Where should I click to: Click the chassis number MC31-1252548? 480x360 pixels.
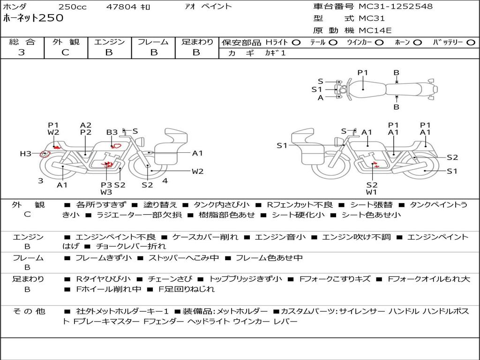click(x=396, y=7)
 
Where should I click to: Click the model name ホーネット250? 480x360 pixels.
click(x=33, y=18)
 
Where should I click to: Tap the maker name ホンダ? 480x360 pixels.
click(x=15, y=7)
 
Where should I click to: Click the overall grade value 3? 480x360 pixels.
click(x=22, y=52)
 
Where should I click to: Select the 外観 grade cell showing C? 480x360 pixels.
click(x=65, y=52)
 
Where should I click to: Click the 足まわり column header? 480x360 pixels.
click(x=197, y=42)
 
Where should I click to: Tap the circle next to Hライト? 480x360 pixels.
click(x=296, y=43)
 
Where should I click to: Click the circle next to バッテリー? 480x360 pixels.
click(x=471, y=43)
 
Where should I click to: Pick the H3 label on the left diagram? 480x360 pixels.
click(x=25, y=154)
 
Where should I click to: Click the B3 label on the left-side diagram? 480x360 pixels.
click(x=112, y=133)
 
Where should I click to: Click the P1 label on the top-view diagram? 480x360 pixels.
click(x=363, y=73)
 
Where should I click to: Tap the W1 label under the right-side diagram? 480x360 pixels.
click(x=372, y=192)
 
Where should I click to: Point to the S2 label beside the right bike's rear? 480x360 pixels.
click(x=452, y=157)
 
